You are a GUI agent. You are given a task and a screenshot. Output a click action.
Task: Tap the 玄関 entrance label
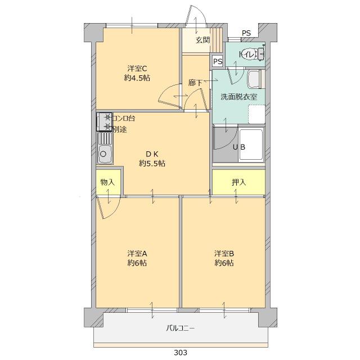(203, 40)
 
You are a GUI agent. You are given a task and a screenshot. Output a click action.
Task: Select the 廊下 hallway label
(195, 82)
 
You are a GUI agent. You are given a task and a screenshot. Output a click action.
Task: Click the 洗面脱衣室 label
(238, 96)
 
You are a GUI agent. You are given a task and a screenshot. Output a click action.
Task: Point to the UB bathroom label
(238, 147)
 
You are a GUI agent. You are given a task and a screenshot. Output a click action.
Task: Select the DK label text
(152, 154)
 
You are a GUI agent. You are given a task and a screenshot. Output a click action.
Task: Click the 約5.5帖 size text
(152, 164)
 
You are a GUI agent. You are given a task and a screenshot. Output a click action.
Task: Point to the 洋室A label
(137, 253)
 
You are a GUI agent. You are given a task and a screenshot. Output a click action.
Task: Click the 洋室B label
(223, 253)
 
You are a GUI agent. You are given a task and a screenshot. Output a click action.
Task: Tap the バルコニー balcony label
(180, 328)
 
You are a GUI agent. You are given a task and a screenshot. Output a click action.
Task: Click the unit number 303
(180, 353)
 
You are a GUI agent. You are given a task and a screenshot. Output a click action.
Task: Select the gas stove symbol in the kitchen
(104, 121)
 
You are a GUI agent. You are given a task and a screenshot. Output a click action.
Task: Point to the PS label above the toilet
(246, 33)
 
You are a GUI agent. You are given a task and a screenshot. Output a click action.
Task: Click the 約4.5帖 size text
(137, 79)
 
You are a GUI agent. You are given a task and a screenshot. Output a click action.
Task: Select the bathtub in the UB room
(251, 145)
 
